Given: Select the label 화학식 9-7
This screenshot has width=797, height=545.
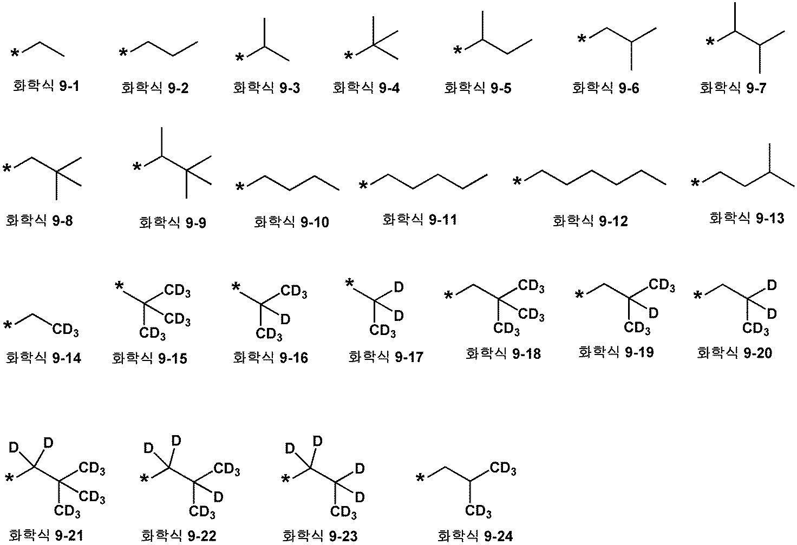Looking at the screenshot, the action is pyautogui.click(x=733, y=88).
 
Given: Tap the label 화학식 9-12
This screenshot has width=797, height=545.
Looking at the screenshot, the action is pyautogui.click(x=590, y=221).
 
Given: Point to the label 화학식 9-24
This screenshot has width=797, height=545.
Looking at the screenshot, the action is pyautogui.click(x=475, y=536).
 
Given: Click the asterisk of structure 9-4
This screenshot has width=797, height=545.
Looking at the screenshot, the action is pyautogui.click(x=349, y=56).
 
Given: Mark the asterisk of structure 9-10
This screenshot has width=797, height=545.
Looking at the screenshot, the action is pyautogui.click(x=240, y=187).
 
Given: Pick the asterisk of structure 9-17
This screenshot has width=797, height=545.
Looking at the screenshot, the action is pyautogui.click(x=350, y=283).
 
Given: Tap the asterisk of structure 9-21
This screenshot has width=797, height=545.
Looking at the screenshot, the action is pyautogui.click(x=10, y=478).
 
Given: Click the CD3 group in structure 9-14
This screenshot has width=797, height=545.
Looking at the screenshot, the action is pyautogui.click(x=66, y=330).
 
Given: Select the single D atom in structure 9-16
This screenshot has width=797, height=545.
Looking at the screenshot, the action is pyautogui.click(x=285, y=319).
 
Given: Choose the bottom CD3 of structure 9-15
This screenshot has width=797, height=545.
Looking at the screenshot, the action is pyautogui.click(x=152, y=334).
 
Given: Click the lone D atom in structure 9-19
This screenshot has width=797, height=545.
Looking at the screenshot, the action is pyautogui.click(x=654, y=313).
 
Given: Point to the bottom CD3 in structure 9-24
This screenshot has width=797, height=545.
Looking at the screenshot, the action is pyautogui.click(x=478, y=511).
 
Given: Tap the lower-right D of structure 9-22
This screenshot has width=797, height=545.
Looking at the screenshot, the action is pyautogui.click(x=218, y=497).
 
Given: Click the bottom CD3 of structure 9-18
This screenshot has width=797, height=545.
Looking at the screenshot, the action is pyautogui.click(x=506, y=329).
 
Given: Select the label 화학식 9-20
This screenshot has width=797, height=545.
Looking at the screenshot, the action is pyautogui.click(x=734, y=353).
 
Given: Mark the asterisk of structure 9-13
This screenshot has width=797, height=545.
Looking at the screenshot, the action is pyautogui.click(x=695, y=183).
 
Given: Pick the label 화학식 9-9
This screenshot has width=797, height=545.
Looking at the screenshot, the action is pyautogui.click(x=173, y=222).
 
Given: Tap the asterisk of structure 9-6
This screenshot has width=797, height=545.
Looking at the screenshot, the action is pyautogui.click(x=582, y=38).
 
